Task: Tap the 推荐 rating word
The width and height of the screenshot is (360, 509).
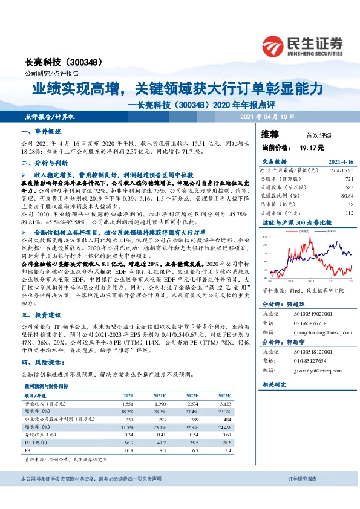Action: (270, 134)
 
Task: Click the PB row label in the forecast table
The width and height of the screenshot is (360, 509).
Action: (28, 450)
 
